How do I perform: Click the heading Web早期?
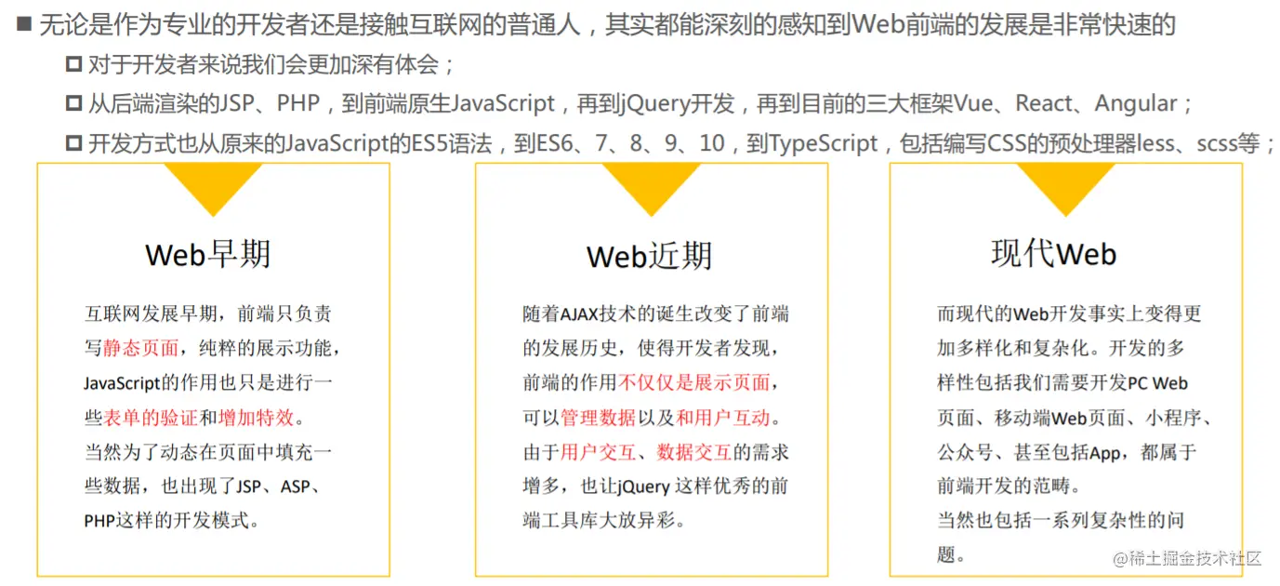pos(208,254)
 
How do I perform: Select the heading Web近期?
pos(649,256)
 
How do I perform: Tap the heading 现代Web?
pos(1053,253)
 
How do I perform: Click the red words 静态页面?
pos(140,349)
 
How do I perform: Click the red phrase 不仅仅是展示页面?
pos(693,383)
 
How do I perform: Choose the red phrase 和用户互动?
pos(722,418)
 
